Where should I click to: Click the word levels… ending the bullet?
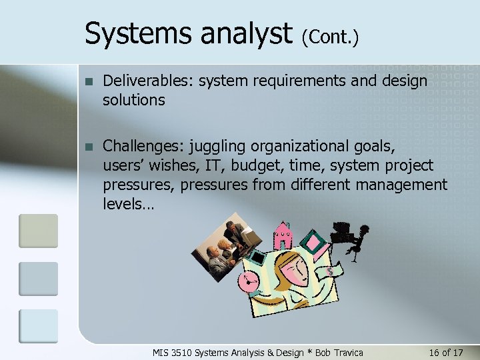pyautogui.click(x=128, y=203)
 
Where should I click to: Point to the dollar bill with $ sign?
pyautogui.click(x=328, y=272)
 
